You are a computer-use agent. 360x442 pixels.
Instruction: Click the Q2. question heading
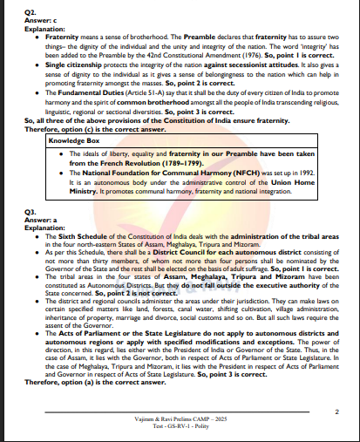(x=29, y=10)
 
